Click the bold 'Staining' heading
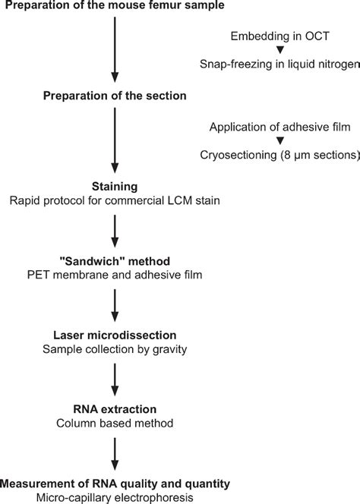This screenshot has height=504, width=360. (x=114, y=185)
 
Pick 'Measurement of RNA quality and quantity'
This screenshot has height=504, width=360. (x=114, y=483)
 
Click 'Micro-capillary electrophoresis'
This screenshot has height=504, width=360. (x=114, y=497)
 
